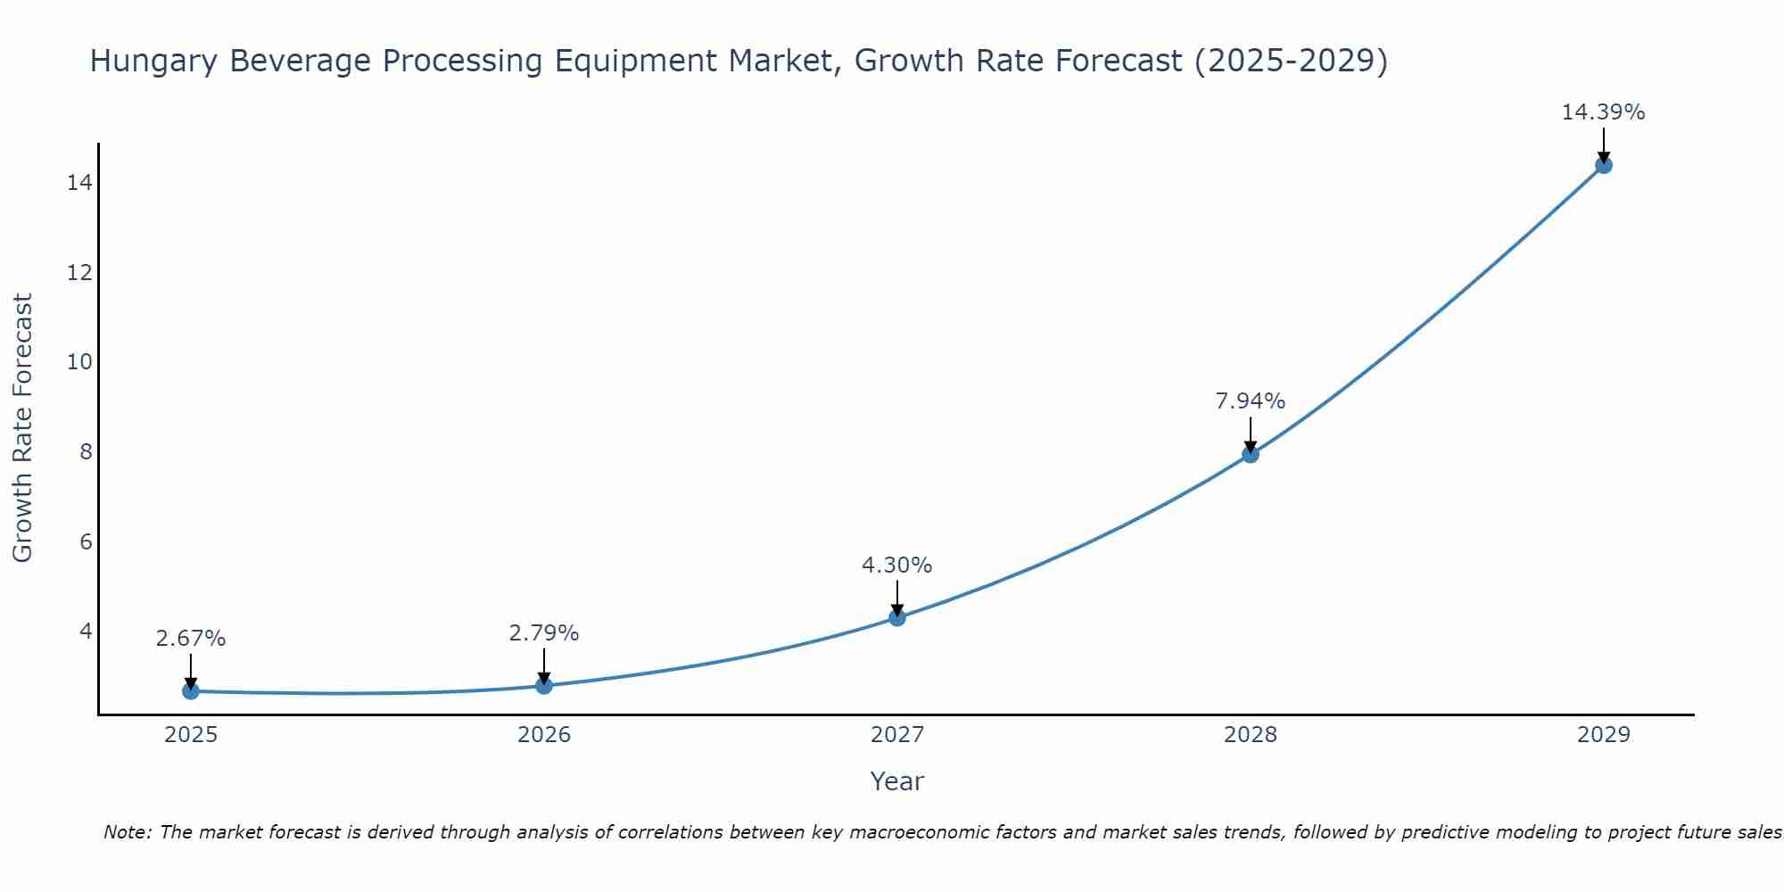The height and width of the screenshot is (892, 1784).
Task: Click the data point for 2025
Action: (191, 690)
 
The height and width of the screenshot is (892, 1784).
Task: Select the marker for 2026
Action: (544, 685)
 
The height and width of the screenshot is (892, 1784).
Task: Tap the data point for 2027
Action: (897, 617)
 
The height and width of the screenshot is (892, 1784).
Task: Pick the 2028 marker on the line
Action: (1251, 454)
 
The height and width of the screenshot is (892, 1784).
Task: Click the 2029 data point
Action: (1603, 165)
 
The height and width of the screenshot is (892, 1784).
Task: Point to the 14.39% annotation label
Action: (1603, 112)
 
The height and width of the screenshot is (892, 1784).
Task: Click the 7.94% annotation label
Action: (1251, 401)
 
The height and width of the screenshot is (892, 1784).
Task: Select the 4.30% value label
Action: (896, 566)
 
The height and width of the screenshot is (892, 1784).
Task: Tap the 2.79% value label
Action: (544, 633)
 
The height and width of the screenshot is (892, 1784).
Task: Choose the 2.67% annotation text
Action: (191, 639)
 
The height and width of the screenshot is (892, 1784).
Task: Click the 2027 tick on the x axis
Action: (897, 735)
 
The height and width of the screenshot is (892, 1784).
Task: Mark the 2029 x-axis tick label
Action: (1603, 735)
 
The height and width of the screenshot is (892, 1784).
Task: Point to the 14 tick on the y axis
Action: (79, 183)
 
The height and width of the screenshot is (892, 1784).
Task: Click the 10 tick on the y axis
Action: (79, 362)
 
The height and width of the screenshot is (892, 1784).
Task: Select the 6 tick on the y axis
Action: (86, 541)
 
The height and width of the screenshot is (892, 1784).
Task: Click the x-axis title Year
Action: (896, 781)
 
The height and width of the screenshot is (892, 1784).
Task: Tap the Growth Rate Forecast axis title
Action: (22, 428)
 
